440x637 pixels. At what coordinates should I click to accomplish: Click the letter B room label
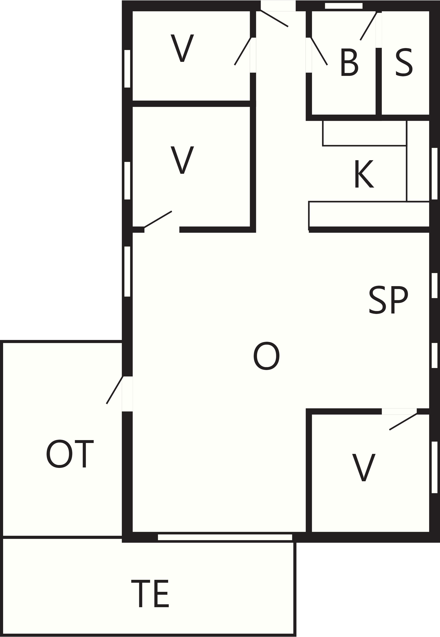point(349,62)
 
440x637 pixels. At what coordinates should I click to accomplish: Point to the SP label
point(388,300)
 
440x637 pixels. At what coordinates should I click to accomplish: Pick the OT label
point(70,454)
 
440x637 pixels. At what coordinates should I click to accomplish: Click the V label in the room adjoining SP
point(364,467)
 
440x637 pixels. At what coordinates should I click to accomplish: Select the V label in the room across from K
point(182,160)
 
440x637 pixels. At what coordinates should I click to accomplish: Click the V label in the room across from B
point(182,48)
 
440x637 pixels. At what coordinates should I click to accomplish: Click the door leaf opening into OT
point(114,390)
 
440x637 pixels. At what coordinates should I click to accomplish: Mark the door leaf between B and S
point(368,26)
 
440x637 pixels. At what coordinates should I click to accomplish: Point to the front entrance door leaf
point(274,18)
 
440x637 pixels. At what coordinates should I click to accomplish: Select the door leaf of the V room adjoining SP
point(403,421)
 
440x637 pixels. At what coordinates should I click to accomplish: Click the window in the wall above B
point(344,6)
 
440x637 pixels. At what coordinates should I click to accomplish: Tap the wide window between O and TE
point(225,537)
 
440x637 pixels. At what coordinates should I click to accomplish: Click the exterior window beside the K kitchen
point(434,174)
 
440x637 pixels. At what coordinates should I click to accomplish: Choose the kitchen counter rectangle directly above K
point(364,133)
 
